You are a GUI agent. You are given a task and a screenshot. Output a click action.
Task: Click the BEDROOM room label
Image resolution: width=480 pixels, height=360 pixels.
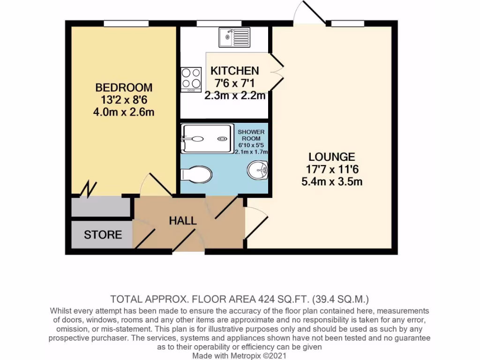(x=124, y=88)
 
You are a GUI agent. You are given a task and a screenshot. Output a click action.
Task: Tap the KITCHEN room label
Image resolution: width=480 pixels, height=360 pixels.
(x=234, y=71)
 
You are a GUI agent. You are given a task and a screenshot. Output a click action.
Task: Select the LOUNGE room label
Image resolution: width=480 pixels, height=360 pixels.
(x=331, y=157)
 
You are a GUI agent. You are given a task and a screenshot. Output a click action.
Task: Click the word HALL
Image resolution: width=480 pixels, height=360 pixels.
(x=183, y=221)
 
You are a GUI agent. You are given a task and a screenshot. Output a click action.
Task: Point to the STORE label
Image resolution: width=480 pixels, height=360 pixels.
(x=103, y=235)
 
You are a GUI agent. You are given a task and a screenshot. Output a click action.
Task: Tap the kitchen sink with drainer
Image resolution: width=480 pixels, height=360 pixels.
(x=234, y=36)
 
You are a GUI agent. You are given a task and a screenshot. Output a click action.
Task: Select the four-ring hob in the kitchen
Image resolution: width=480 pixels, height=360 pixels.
(x=191, y=79)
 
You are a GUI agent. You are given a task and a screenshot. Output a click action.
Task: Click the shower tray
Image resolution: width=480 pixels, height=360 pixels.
(x=207, y=139)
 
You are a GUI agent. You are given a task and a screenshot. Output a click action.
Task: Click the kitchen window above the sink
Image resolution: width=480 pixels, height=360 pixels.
(x=212, y=23)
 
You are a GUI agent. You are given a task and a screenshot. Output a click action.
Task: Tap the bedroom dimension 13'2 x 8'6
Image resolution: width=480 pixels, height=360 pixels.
(x=124, y=100)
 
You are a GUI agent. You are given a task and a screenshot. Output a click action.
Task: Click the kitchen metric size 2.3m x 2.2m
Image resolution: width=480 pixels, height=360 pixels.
(x=234, y=96)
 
